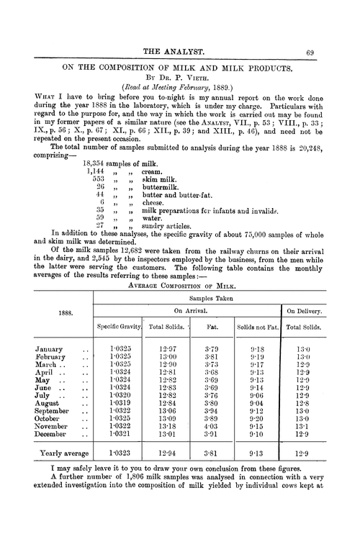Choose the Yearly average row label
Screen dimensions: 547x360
pyautogui.click(x=63, y=454)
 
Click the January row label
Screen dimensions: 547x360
pyautogui.click(x=52, y=351)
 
